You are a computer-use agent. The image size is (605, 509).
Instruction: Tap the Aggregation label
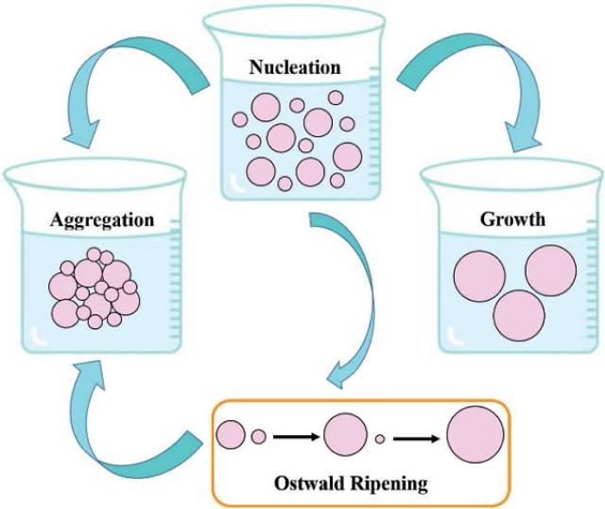(x=92, y=219)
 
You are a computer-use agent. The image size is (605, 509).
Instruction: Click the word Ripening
(x=391, y=484)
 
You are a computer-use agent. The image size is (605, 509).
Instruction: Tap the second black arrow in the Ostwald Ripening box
(x=416, y=436)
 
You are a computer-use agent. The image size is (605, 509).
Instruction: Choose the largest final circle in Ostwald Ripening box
(x=475, y=436)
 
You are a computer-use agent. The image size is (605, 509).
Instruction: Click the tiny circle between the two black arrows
(x=380, y=438)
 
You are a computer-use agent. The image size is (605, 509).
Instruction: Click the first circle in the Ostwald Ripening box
(x=231, y=435)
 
